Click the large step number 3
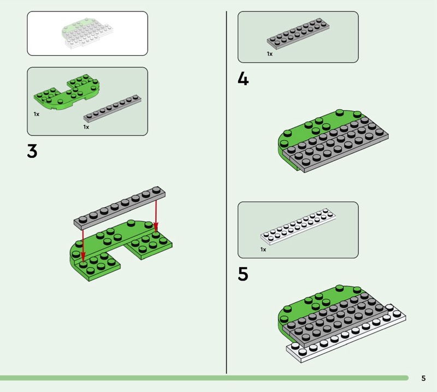(x=32, y=151)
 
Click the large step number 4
(x=243, y=79)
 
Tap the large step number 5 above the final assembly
(x=243, y=274)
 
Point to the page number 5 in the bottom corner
(x=424, y=378)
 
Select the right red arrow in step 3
(x=156, y=216)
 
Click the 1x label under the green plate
(x=37, y=114)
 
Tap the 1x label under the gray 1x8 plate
(x=86, y=127)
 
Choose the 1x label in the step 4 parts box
(x=269, y=54)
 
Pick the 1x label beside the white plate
(x=263, y=250)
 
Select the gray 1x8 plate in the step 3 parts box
(x=113, y=109)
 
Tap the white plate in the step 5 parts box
(x=298, y=227)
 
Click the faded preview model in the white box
(x=87, y=33)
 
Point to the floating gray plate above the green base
(x=120, y=207)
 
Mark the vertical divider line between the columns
(x=226, y=192)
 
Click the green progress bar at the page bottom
(x=204, y=378)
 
